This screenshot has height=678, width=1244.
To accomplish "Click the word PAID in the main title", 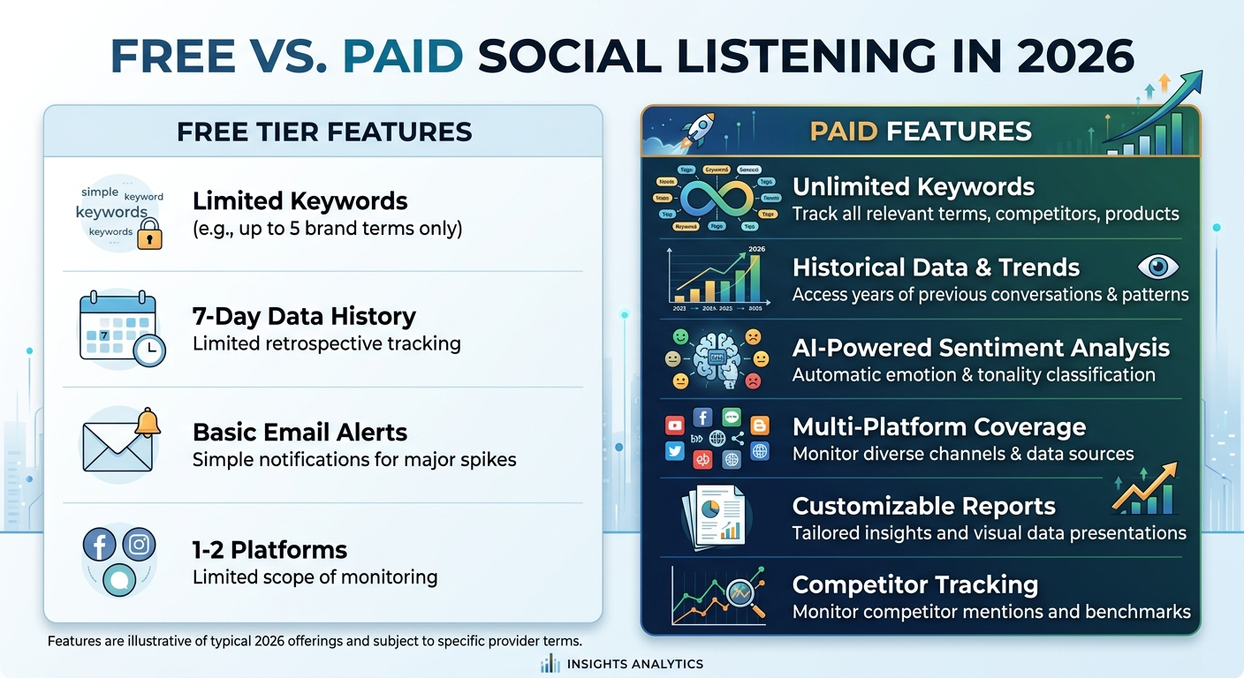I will point(402,56).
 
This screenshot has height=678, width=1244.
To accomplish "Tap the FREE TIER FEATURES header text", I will point(324,132).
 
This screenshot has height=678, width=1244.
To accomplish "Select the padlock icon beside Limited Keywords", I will point(150,234).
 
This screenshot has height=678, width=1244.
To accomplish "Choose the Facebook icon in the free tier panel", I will point(99,544).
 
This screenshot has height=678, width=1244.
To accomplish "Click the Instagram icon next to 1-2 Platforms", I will point(139,544).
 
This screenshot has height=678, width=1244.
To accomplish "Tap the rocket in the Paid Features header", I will point(699,128).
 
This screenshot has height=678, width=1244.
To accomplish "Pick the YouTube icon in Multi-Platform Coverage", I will point(675,426).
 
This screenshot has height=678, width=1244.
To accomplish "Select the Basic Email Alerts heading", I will point(300,432).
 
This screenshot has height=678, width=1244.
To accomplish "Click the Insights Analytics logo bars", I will point(550,663).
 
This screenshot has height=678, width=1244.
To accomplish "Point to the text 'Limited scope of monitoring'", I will point(315,577).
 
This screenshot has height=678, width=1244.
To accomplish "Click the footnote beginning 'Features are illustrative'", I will point(315,641).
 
